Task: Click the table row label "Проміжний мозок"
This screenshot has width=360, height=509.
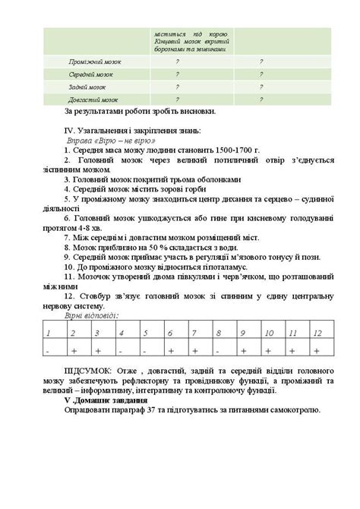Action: click(x=95, y=62)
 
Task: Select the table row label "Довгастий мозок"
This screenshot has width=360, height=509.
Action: click(x=93, y=100)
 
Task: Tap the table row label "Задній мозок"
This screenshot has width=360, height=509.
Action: click(x=87, y=87)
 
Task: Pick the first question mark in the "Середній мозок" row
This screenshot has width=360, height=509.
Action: click(x=177, y=74)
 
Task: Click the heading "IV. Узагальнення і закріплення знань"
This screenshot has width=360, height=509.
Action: click(x=132, y=130)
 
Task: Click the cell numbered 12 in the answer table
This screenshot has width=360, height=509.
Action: click(x=317, y=334)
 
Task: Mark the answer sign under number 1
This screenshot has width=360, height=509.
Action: click(x=47, y=351)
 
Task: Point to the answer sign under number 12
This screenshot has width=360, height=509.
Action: click(x=316, y=351)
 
